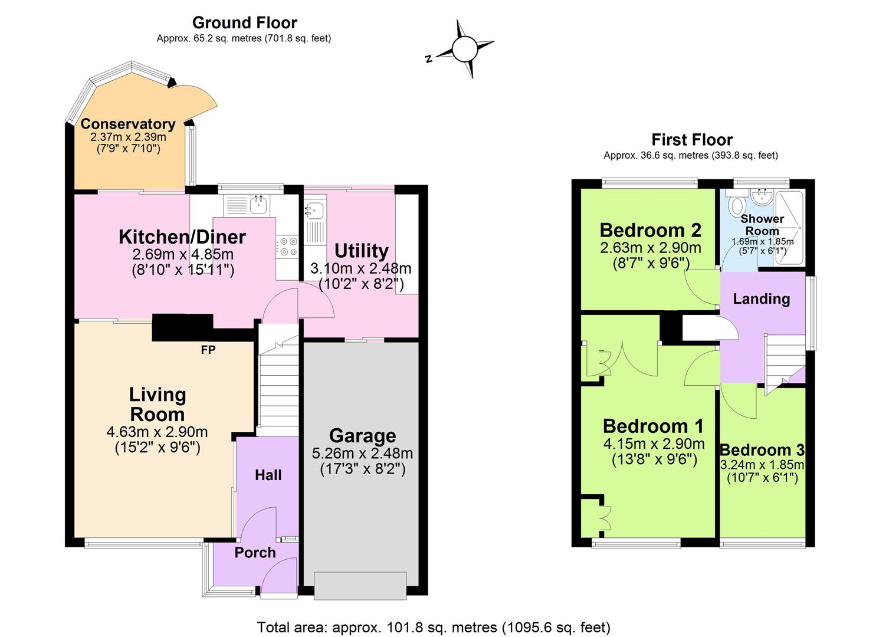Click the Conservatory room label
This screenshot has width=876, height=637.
[128, 124]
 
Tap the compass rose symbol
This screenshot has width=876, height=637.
[464, 50]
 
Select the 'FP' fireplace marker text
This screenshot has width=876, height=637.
[208, 350]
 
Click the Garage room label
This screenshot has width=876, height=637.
[362, 436]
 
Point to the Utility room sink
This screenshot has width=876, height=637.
[313, 210]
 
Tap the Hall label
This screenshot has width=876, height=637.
[268, 475]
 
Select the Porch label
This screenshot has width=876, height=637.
[255, 553]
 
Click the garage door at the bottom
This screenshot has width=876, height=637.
[360, 585]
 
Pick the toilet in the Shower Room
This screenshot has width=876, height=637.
[737, 206]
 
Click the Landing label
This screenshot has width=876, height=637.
[761, 298]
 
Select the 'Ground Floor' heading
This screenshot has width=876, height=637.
[244, 23]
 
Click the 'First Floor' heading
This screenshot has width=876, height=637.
[691, 140]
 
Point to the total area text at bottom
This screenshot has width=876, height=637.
[434, 627]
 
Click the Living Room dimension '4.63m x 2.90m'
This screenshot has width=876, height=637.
[157, 432]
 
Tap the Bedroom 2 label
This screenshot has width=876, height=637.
[650, 229]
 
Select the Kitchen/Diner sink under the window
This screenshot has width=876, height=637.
[258, 205]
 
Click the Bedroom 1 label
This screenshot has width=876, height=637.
[653, 426]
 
